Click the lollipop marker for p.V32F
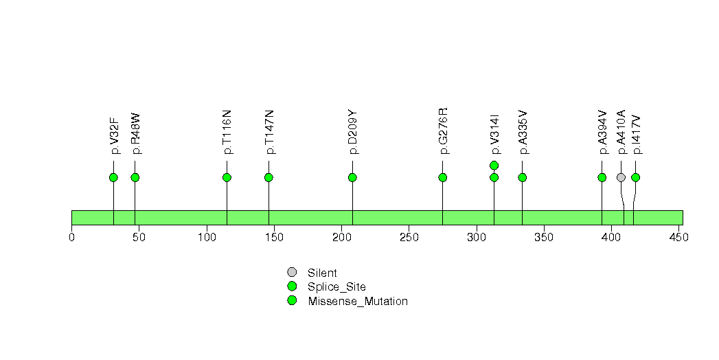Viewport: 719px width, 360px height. pyautogui.click(x=114, y=177)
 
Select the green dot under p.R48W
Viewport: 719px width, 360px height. pyautogui.click(x=135, y=177)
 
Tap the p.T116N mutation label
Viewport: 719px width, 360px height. pyautogui.click(x=227, y=132)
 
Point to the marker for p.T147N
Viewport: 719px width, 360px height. pyautogui.click(x=269, y=177)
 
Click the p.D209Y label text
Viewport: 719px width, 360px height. pyautogui.click(x=352, y=132)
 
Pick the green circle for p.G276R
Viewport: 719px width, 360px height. pyautogui.click(x=442, y=177)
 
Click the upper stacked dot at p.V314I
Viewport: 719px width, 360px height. pyautogui.click(x=494, y=165)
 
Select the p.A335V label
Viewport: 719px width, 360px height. pyautogui.click(x=523, y=132)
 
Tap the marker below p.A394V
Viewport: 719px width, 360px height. pyautogui.click(x=602, y=177)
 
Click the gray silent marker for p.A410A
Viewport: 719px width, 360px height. pyautogui.click(x=621, y=177)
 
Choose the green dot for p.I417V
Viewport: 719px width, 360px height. pyautogui.click(x=635, y=177)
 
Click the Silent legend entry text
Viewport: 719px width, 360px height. pyautogui.click(x=322, y=273)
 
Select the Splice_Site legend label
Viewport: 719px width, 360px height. pyautogui.click(x=337, y=287)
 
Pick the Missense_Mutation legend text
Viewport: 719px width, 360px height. pyautogui.click(x=358, y=302)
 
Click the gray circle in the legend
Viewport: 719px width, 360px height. pyautogui.click(x=292, y=273)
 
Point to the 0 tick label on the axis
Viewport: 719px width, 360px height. pyautogui.click(x=71, y=237)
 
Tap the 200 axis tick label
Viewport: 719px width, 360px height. pyautogui.click(x=341, y=237)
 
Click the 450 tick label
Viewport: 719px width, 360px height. pyautogui.click(x=679, y=237)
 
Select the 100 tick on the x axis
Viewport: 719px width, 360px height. pyautogui.click(x=206, y=237)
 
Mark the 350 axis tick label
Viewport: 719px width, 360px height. pyautogui.click(x=544, y=237)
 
